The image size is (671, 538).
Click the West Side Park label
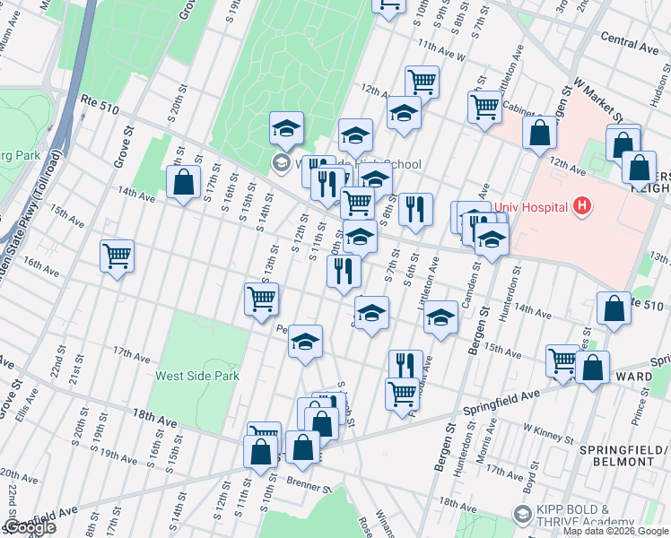(197, 377)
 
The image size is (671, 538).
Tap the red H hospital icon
(582, 207)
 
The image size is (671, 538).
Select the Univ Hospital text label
(532, 207)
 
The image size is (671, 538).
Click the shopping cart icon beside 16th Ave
(118, 256)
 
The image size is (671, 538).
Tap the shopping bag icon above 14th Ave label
(183, 183)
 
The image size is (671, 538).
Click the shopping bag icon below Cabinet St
(540, 133)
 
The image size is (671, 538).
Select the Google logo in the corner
(29, 527)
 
